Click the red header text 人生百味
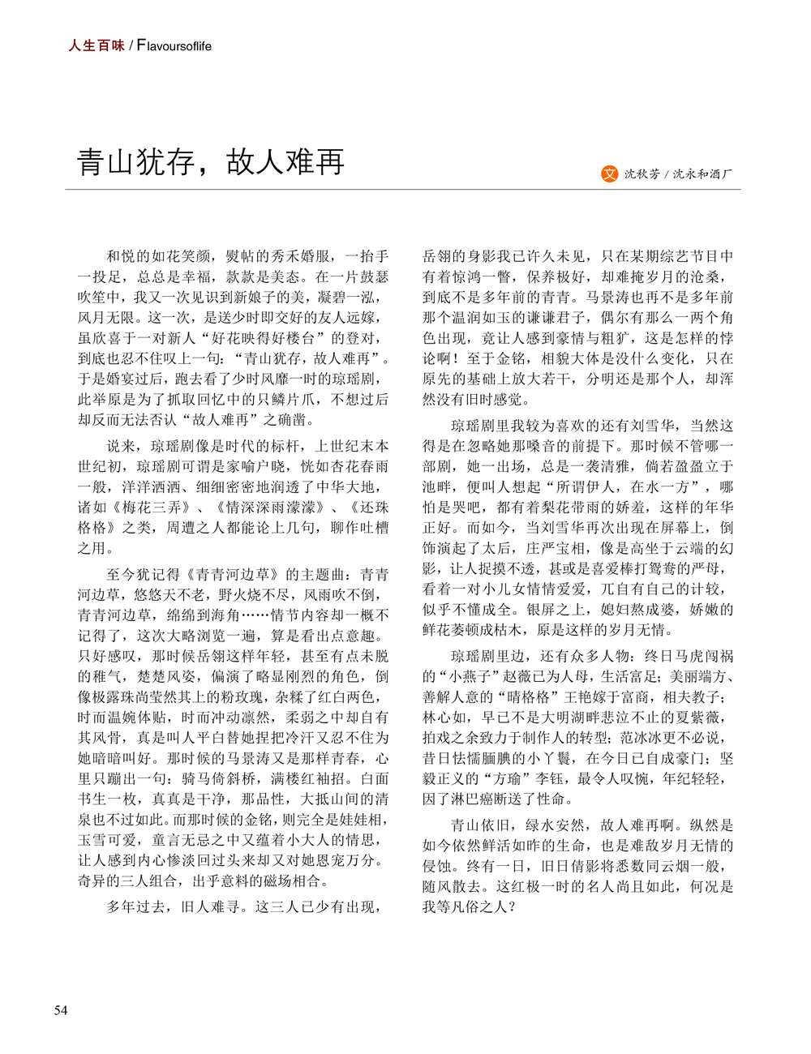97,45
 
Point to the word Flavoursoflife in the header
174,46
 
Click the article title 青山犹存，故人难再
211,161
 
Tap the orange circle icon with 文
609,174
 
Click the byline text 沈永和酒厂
703,174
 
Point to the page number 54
61,1009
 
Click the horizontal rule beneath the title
402,190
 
